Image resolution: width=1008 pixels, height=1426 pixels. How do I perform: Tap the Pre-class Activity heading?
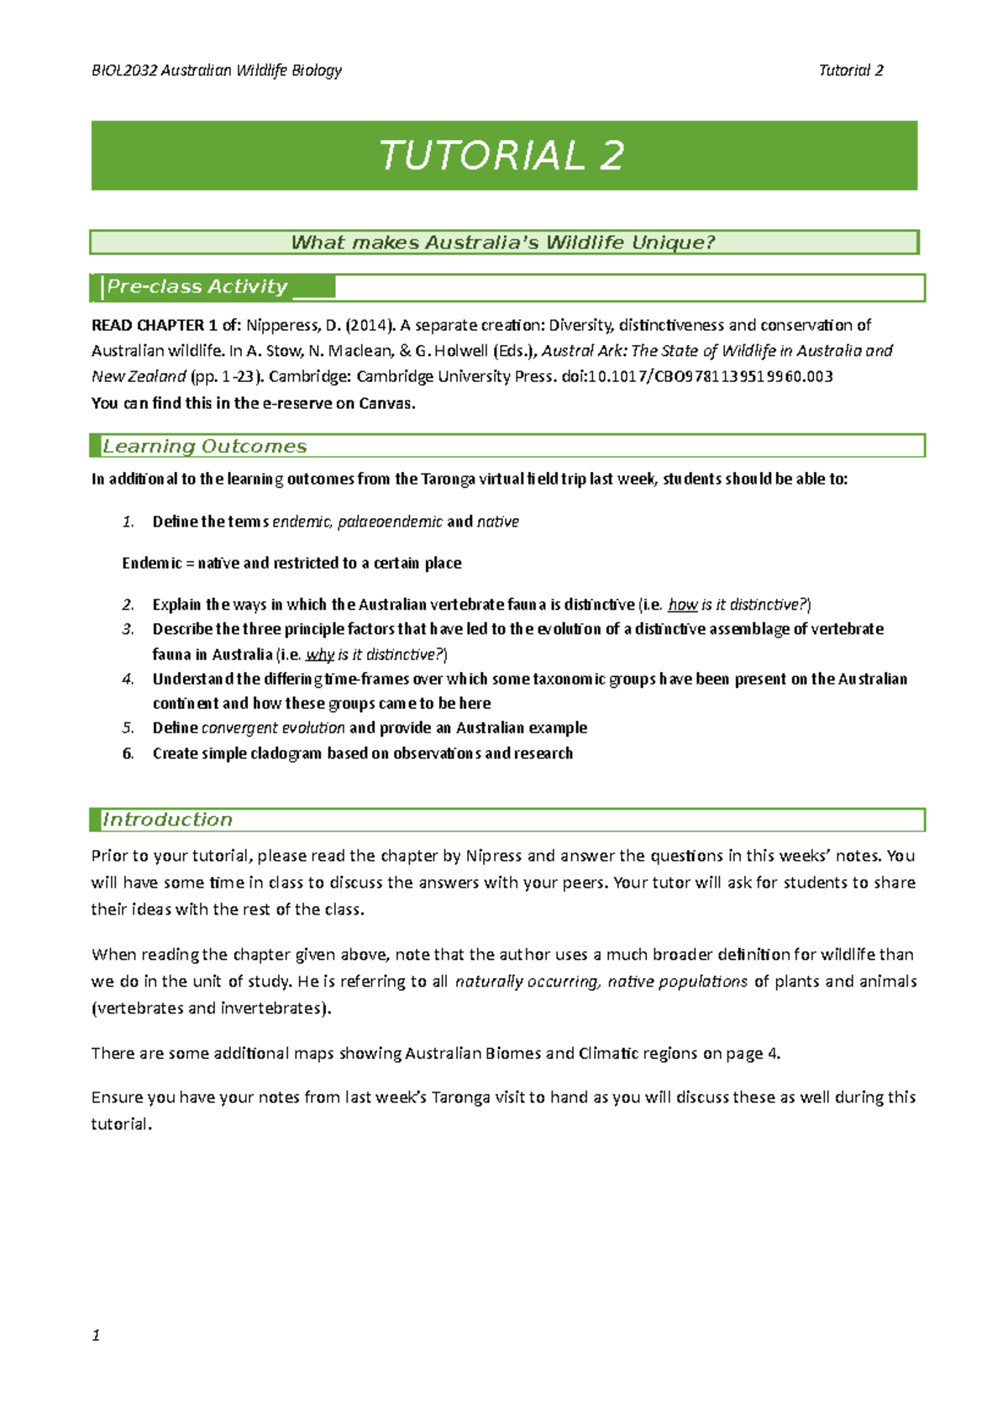[x=197, y=287]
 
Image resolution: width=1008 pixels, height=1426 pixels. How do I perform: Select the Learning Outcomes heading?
[x=204, y=447]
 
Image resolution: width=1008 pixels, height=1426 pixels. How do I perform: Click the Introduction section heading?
[x=167, y=820]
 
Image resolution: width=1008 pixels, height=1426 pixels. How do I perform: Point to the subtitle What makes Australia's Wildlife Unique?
[x=502, y=243]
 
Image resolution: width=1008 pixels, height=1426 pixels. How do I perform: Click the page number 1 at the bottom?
[x=96, y=1335]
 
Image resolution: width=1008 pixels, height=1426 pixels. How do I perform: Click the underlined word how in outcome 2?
[x=682, y=605]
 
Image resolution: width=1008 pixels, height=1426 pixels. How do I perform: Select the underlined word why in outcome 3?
[x=320, y=654]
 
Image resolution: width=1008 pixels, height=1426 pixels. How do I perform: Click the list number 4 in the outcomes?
[x=128, y=679]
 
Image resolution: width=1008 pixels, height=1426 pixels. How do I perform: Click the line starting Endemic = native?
[x=291, y=563]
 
